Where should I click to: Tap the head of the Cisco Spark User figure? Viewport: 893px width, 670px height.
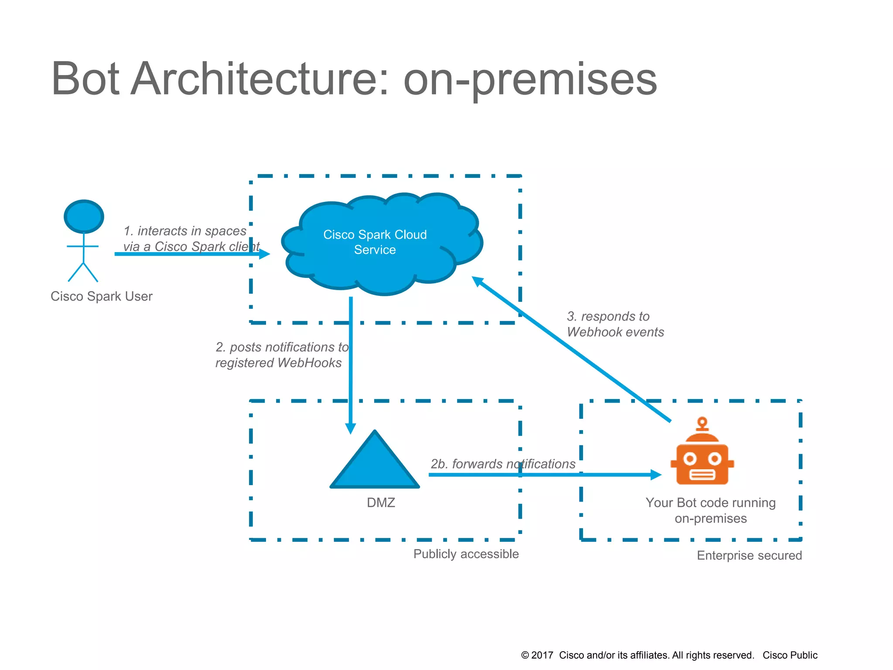[x=84, y=217]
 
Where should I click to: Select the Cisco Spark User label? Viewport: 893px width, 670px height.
[x=101, y=296]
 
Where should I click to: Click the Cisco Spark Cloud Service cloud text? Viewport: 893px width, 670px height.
[x=375, y=242]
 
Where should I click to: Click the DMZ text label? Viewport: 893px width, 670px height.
[x=381, y=502]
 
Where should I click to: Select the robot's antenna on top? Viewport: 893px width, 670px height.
[x=702, y=423]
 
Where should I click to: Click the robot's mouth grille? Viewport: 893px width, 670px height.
[x=702, y=474]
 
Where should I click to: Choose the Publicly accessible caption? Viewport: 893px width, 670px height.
[x=466, y=554]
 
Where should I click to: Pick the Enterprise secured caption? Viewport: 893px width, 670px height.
[x=749, y=555]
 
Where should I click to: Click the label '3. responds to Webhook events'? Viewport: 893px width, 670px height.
[x=615, y=324]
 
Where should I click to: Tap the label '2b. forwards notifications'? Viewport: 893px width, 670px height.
[x=503, y=464]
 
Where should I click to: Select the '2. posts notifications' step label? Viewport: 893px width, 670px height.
[x=282, y=355]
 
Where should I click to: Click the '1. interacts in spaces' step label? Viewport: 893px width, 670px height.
[x=191, y=239]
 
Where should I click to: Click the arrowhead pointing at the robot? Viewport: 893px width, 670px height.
[x=656, y=475]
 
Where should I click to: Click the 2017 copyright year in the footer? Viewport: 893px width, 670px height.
[x=542, y=655]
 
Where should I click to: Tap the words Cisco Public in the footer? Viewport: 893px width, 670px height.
[x=790, y=655]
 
